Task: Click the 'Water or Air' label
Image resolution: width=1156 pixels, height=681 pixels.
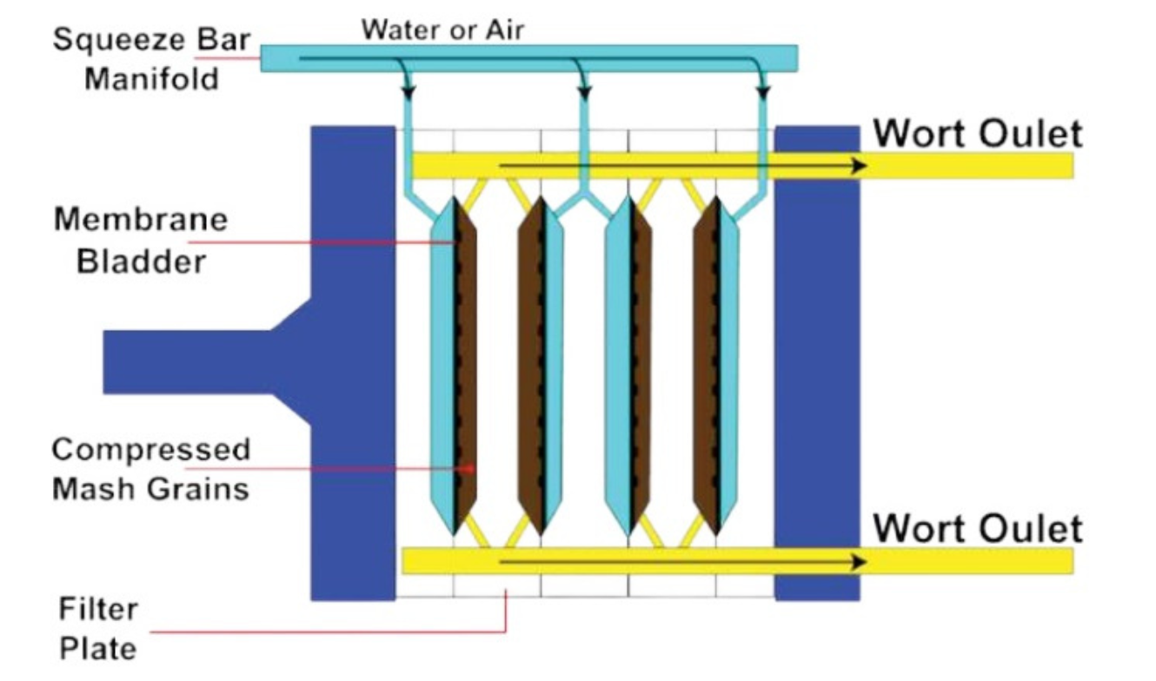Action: pyautogui.click(x=442, y=30)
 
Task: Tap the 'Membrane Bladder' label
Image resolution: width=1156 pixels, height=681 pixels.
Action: pyautogui.click(x=140, y=241)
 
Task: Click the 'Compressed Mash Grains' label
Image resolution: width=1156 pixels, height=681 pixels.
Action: pyautogui.click(x=150, y=469)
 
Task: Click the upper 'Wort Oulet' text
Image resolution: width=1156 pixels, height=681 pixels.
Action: pyautogui.click(x=978, y=135)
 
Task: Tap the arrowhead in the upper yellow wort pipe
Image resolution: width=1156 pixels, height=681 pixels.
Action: pyautogui.click(x=859, y=166)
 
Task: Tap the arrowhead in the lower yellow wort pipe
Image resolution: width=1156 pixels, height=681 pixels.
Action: pyautogui.click(x=859, y=562)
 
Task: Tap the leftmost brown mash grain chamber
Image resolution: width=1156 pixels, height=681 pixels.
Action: pyautogui.click(x=468, y=365)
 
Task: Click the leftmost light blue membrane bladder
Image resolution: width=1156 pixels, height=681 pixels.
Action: pyautogui.click(x=442, y=365)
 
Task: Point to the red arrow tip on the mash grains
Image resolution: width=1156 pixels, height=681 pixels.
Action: pyautogui.click(x=472, y=469)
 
